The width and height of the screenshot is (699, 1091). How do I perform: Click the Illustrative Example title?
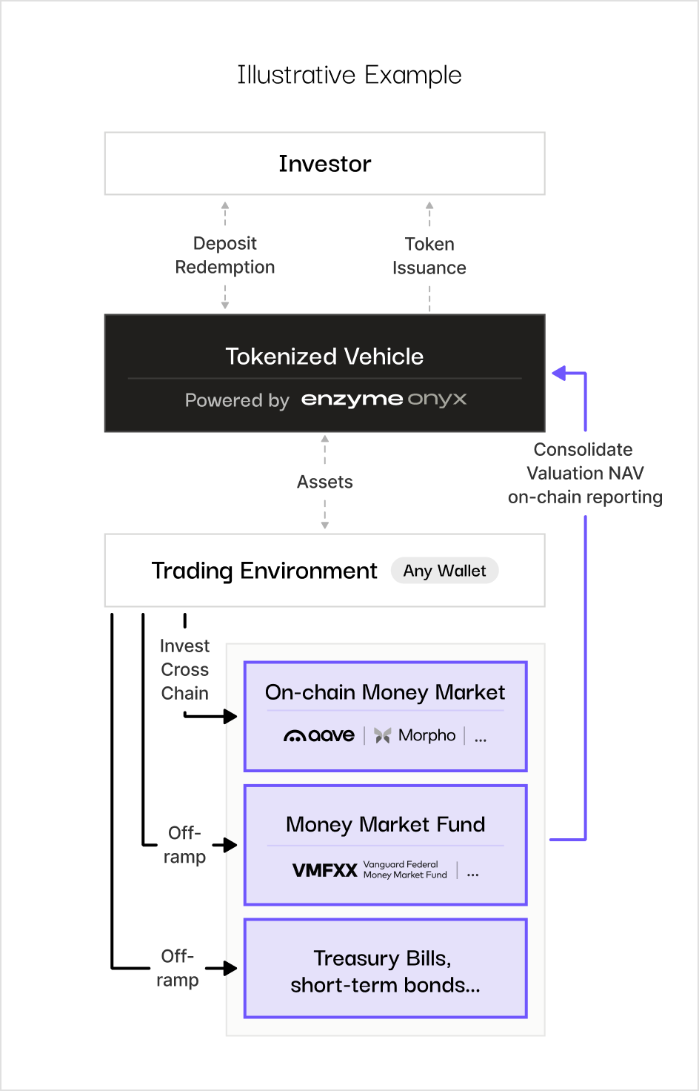point(349,75)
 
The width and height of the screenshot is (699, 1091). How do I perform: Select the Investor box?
point(324,164)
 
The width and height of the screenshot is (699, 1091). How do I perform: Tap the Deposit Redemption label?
point(224,255)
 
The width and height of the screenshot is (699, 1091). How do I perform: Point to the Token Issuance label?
point(429,256)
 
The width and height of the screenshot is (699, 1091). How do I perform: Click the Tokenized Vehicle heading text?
point(324,357)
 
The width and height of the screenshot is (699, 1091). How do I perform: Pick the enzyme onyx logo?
point(384,399)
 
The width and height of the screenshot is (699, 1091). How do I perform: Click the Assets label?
point(324,482)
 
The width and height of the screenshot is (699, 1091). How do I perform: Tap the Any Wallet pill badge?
point(444,571)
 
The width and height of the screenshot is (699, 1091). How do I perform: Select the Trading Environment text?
point(264,571)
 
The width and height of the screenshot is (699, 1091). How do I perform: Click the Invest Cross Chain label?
point(185,669)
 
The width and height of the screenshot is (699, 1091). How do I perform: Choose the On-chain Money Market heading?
point(385,692)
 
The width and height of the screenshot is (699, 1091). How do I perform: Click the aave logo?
point(319,735)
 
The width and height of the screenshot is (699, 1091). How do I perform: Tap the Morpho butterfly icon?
point(382,735)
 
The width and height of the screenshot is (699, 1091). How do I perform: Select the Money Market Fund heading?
point(385,824)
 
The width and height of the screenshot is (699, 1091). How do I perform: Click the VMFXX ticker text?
point(324,870)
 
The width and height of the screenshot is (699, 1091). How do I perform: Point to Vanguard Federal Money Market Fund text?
point(405,869)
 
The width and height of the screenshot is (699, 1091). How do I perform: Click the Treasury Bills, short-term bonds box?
point(385,968)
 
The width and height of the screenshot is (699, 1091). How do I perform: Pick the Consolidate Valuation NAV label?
point(584,473)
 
